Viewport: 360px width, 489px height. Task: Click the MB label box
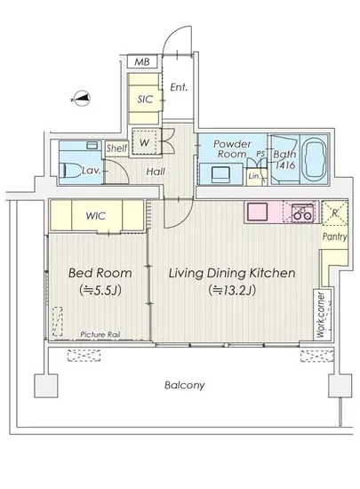142,61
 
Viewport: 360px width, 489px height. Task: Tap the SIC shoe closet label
145,100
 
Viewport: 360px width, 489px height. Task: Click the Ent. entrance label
179,87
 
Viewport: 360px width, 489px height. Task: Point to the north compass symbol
82,99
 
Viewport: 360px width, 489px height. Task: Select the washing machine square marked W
144,142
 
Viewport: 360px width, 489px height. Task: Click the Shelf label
116,148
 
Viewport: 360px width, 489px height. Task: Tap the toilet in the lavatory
70,171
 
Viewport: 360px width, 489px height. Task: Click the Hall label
156,172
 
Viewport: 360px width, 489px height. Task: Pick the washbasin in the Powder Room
220,174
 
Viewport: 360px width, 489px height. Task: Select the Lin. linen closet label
254,176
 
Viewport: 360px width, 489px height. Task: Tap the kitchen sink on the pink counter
257,212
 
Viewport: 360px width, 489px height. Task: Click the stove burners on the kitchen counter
302,212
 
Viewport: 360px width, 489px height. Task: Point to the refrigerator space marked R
334,212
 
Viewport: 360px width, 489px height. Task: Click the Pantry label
335,236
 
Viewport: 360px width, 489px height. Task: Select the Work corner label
320,315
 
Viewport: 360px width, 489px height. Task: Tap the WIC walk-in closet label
96,215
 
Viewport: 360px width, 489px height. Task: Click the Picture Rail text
100,334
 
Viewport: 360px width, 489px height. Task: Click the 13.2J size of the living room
232,291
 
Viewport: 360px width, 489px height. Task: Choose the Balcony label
185,385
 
